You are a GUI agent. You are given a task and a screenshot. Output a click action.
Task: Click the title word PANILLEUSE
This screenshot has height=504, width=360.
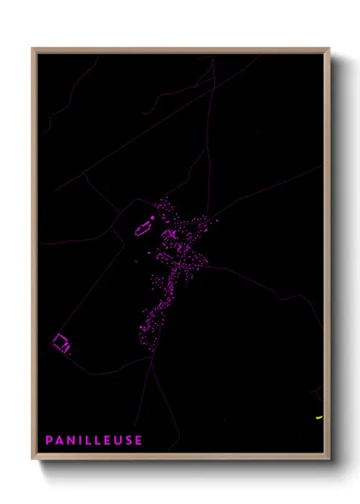pos(94,440)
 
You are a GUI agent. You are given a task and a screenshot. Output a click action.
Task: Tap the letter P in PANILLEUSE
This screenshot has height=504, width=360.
pos(50,440)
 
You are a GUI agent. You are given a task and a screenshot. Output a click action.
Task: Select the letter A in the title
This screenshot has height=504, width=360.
pos(60,440)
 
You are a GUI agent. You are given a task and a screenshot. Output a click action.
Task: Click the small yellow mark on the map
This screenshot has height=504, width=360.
pos(318,417)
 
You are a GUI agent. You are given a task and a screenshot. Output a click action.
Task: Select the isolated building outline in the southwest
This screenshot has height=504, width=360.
pos(61,344)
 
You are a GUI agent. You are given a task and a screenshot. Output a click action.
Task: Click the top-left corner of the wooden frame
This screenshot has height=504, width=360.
pos(33,49)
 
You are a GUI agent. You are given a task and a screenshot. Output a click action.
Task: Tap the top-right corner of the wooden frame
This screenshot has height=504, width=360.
pos(329,49)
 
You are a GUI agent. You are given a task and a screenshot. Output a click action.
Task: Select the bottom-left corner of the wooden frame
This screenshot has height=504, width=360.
pos(33,459)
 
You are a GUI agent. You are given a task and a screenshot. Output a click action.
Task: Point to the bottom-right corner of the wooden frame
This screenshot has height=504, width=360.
pos(329,459)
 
